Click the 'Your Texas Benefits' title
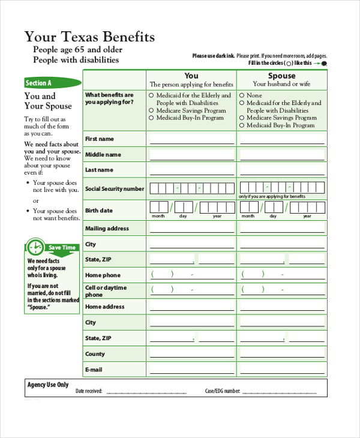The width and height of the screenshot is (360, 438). pyautogui.click(x=89, y=37)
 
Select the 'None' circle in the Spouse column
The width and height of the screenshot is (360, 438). pyautogui.click(x=242, y=95)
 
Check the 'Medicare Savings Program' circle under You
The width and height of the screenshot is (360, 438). pyautogui.click(x=152, y=111)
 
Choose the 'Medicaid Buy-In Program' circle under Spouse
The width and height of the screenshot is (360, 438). pyautogui.click(x=242, y=126)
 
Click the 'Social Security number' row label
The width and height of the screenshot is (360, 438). pyautogui.click(x=115, y=189)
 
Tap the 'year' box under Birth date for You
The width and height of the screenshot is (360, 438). pyautogui.click(x=217, y=208)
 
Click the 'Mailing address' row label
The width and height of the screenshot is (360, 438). pyautogui.click(x=107, y=229)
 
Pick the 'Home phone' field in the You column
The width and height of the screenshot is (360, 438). pyautogui.click(x=191, y=275)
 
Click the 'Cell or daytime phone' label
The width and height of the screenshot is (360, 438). pyautogui.click(x=106, y=291)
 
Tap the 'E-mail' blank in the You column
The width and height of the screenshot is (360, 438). pyautogui.click(x=191, y=370)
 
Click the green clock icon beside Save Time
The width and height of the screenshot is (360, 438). pyautogui.click(x=35, y=247)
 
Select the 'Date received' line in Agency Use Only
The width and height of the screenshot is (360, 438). pyautogui.click(x=146, y=392)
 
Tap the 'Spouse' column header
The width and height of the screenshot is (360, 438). pyautogui.click(x=281, y=76)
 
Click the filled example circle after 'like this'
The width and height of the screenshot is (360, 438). pyautogui.click(x=324, y=63)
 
